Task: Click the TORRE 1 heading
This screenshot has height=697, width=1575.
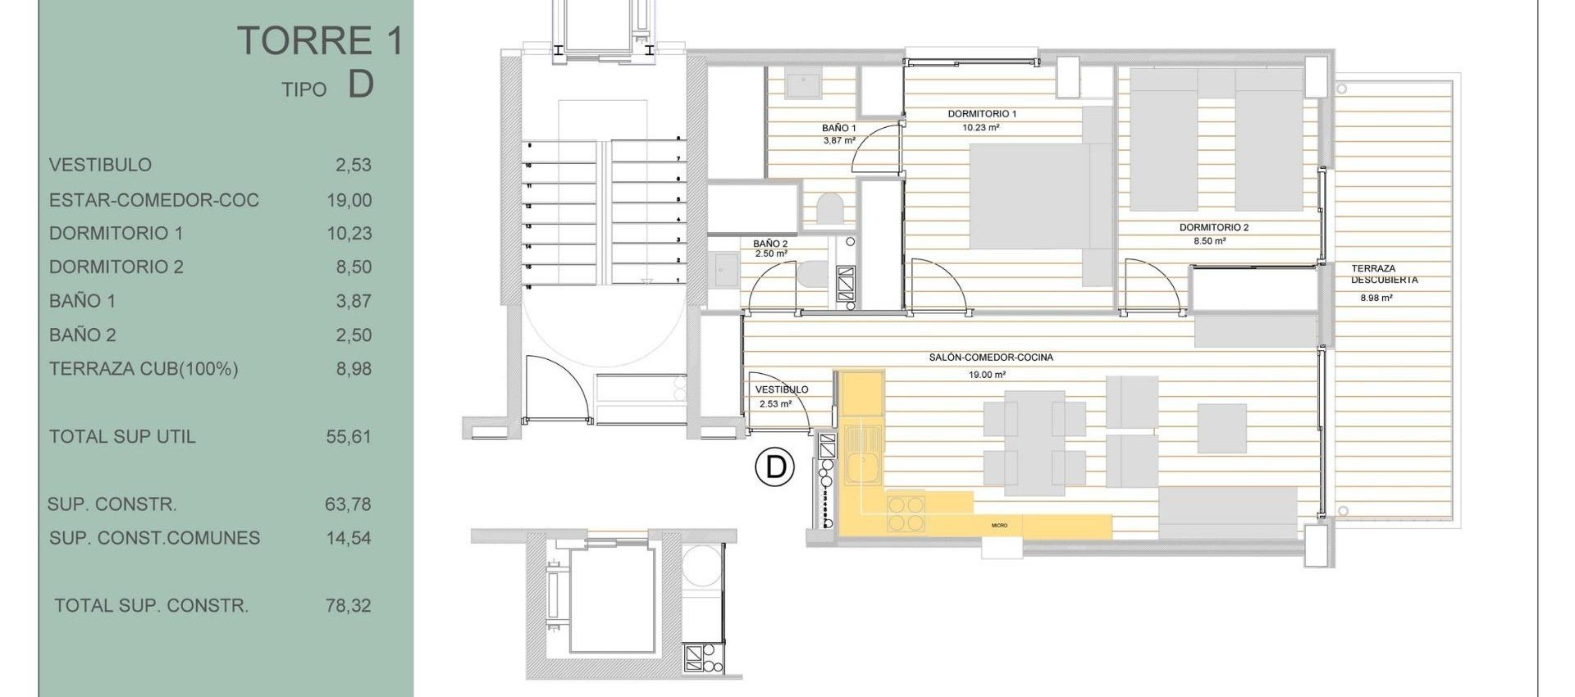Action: point(321,41)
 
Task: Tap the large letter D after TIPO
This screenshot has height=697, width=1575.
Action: point(361,84)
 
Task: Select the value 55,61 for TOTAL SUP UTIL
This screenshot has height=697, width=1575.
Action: point(349,437)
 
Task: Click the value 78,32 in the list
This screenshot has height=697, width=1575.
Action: point(349,606)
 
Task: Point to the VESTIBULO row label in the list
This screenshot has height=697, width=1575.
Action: point(100,165)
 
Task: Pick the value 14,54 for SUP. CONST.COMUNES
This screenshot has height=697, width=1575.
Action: point(349,539)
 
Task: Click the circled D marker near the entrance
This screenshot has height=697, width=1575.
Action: point(774,467)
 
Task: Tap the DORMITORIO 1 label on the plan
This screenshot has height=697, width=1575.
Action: point(982,114)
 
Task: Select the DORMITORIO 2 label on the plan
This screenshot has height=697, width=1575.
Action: point(1214,227)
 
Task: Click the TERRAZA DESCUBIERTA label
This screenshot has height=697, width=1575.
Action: point(1384,274)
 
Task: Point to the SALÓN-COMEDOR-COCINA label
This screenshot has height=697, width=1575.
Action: point(991,358)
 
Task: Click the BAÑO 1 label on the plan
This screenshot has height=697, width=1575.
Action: point(838,128)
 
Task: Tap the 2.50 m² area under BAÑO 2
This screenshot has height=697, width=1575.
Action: point(770,254)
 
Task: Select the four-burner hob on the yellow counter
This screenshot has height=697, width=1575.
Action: point(906,513)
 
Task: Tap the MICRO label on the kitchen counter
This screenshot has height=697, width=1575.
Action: point(999,525)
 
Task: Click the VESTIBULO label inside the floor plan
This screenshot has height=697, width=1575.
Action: point(781,389)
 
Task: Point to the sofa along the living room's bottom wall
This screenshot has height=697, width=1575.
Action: point(1227,512)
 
